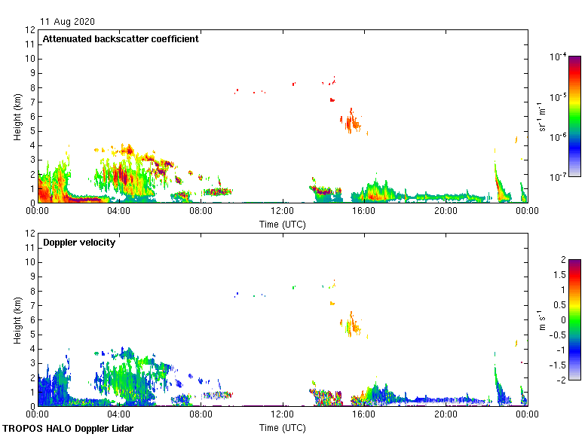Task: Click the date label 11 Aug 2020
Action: [x=67, y=22]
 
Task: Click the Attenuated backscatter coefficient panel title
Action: [x=121, y=39]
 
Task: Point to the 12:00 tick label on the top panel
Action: [x=282, y=212]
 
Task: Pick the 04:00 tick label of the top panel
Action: [x=119, y=212]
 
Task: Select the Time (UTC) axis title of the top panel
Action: [x=282, y=224]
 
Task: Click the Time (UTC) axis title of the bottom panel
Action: [x=282, y=427]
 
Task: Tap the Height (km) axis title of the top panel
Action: [x=17, y=117]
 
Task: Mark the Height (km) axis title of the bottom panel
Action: [x=17, y=320]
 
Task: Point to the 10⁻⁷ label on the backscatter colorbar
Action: [x=558, y=177]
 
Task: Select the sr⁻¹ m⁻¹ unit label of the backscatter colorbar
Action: [x=542, y=117]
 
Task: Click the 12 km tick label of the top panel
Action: [x=30, y=30]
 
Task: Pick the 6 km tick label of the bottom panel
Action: [x=32, y=320]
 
